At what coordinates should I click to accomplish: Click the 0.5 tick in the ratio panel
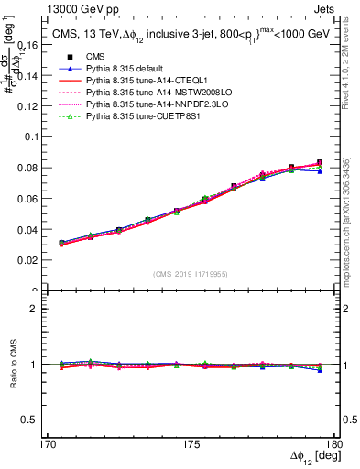(38, 420)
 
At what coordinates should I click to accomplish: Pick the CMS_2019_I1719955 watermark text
(191, 272)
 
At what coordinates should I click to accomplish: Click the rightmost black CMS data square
(320, 162)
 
